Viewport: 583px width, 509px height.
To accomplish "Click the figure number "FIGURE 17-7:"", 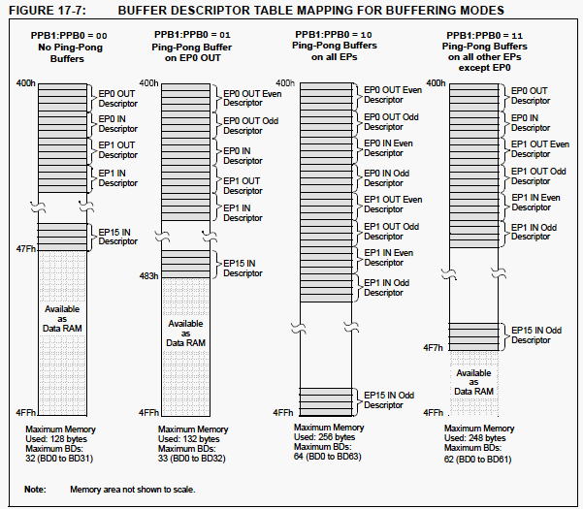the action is tap(48, 10).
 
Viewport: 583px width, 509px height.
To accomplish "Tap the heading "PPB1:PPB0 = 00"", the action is tap(69, 36).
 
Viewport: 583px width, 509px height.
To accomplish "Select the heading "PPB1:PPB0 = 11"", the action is tap(484, 35).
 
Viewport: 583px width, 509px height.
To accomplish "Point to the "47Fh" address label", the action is tap(25, 248).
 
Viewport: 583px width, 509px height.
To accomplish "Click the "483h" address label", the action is tap(148, 275).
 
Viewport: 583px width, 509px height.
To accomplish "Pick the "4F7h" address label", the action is tap(434, 348).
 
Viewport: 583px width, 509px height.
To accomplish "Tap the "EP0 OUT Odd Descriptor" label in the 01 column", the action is tap(250, 126).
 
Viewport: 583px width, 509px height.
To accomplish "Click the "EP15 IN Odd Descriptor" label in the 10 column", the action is tap(389, 399).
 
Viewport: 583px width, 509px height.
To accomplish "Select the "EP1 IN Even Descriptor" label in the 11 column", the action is tap(535, 202).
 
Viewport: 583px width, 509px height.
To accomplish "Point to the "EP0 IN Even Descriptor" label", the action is tap(388, 148).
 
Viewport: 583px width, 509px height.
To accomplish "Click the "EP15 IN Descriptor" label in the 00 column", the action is tap(118, 237).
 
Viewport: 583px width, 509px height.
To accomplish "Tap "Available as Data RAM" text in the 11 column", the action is tap(473, 382).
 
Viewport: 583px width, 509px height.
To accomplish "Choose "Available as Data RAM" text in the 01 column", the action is tap(185, 333).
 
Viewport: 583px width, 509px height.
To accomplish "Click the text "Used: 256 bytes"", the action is tap(324, 437).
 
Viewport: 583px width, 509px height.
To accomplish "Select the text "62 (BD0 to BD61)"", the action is tap(477, 460).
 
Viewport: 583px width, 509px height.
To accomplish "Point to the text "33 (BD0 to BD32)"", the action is tap(191, 458).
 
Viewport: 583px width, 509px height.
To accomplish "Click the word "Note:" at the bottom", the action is tap(35, 489).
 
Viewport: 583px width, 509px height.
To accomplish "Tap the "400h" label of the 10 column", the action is tap(285, 82).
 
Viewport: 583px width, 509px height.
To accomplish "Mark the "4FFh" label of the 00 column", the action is tap(25, 412).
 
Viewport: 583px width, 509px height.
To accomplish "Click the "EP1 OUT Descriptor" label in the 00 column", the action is tap(118, 149).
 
